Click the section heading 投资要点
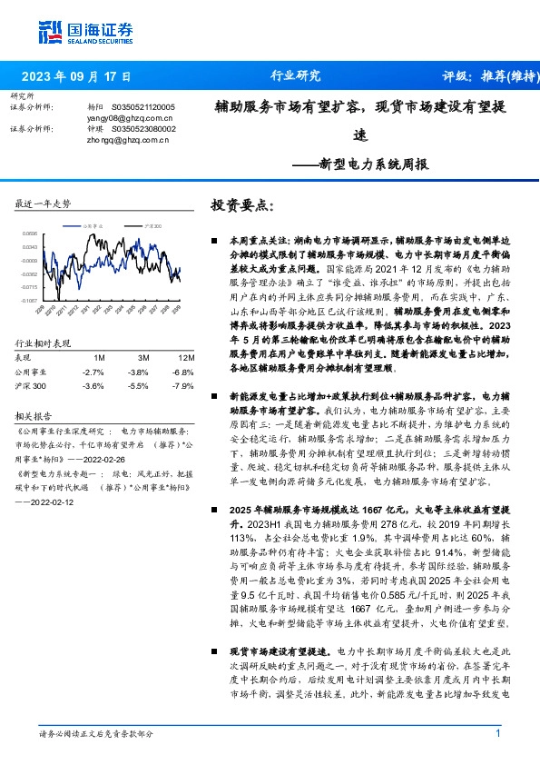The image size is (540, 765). (241, 205)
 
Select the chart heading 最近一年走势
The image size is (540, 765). (43, 204)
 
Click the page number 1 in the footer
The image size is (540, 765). (498, 733)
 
